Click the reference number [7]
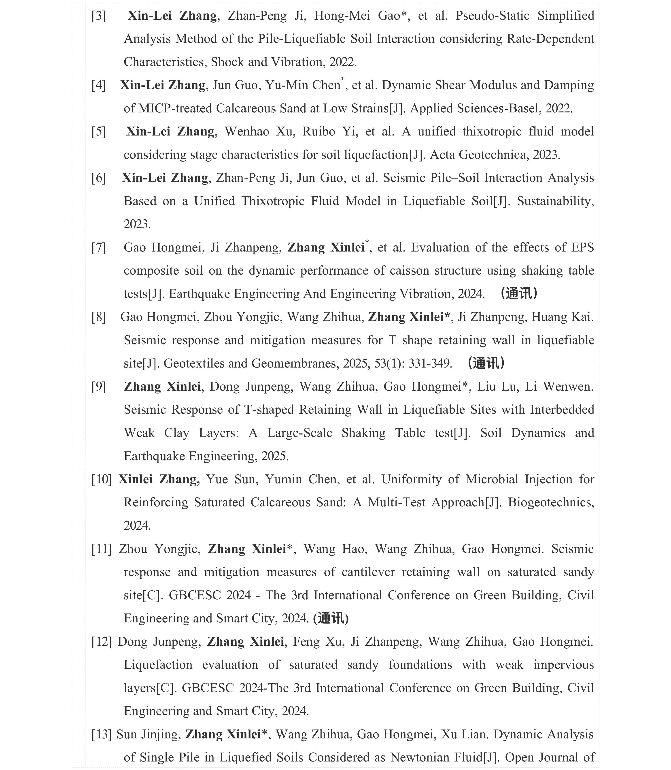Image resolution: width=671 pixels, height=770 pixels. point(99,248)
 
